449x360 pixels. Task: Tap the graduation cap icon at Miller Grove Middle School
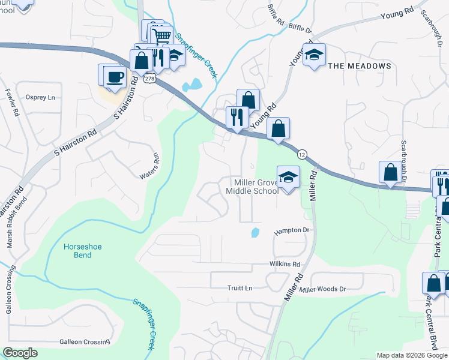click(x=288, y=177)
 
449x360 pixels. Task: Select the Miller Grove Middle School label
click(x=252, y=186)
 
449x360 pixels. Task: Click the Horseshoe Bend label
click(x=78, y=251)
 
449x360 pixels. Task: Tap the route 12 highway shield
click(x=303, y=154)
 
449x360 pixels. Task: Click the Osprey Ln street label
click(x=40, y=97)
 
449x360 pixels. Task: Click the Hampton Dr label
click(x=292, y=230)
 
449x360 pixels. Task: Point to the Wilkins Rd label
click(x=285, y=264)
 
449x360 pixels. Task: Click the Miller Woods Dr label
click(x=324, y=289)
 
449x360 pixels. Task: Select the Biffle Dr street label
click(x=301, y=28)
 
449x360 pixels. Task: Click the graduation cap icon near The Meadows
click(x=314, y=55)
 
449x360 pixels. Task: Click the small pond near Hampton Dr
click(x=255, y=232)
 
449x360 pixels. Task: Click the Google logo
click(x=20, y=353)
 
